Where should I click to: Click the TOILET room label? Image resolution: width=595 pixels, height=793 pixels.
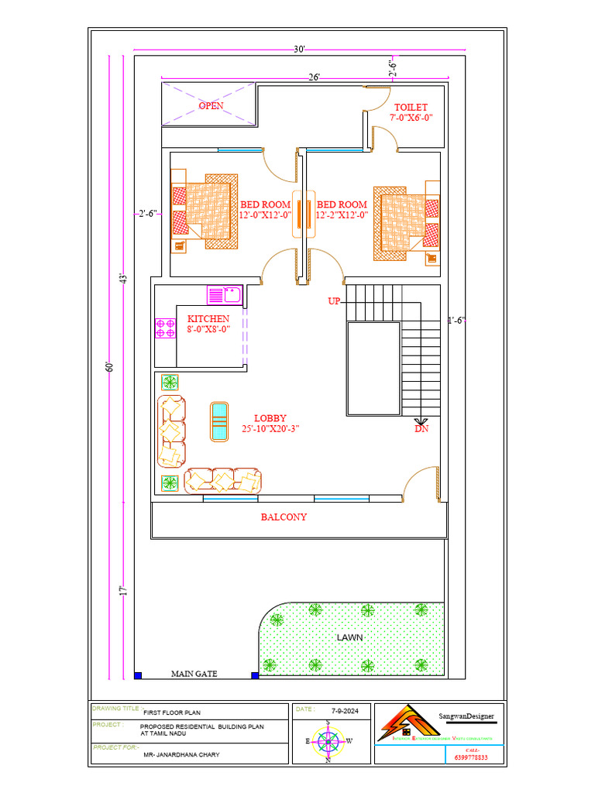tap(411, 107)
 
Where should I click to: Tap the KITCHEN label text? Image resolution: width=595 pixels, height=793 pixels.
tap(208, 318)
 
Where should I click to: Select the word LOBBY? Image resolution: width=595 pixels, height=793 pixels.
tap(270, 418)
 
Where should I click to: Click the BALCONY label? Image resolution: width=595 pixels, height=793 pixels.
tap(284, 517)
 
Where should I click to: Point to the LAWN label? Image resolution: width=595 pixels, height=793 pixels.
tap(349, 637)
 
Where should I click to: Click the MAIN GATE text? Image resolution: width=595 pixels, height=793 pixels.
tap(194, 674)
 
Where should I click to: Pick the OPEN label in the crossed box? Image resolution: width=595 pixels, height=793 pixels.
tap(211, 105)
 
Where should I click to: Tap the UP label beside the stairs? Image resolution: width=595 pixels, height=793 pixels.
tap(334, 301)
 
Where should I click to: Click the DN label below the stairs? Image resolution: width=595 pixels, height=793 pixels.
tap(421, 428)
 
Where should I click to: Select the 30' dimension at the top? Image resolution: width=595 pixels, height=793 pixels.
tap(299, 50)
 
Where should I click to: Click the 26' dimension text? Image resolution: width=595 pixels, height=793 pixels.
tap(314, 77)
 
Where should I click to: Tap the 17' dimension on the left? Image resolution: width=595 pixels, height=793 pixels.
tap(122, 591)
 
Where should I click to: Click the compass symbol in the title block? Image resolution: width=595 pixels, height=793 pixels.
tap(329, 741)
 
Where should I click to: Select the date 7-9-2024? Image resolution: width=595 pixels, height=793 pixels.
tap(344, 709)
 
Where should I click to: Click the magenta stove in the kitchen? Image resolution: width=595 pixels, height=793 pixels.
tap(165, 328)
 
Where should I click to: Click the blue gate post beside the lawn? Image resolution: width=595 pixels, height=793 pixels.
tap(255, 675)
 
